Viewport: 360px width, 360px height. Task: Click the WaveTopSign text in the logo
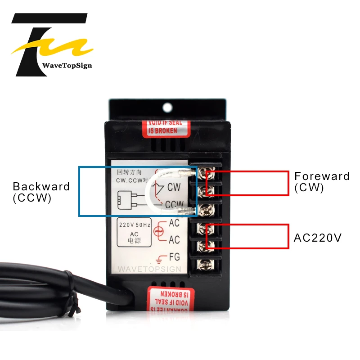pyautogui.click(x=67, y=65)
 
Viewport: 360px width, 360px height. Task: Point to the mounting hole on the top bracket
pyautogui.click(x=168, y=108)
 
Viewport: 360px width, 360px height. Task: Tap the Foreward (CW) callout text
pyautogui.click(x=322, y=182)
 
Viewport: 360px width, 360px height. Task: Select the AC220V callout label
pyautogui.click(x=318, y=238)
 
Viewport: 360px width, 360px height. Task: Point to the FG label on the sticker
pyautogui.click(x=174, y=258)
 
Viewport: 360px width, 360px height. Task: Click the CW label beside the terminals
pyautogui.click(x=174, y=186)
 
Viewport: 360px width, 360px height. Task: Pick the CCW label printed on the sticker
pyautogui.click(x=174, y=205)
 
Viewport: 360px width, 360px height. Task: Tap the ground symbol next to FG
pyautogui.click(x=161, y=259)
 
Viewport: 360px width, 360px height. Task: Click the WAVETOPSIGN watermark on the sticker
pyautogui.click(x=149, y=269)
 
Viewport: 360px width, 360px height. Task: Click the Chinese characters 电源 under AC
pyautogui.click(x=135, y=241)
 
